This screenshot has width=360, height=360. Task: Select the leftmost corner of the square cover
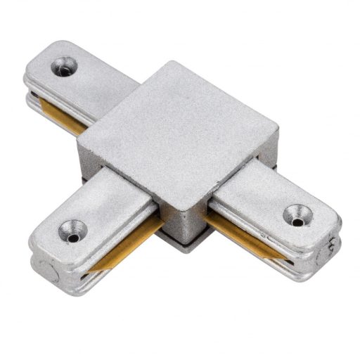point(77,144)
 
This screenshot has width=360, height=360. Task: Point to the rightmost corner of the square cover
point(278,131)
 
